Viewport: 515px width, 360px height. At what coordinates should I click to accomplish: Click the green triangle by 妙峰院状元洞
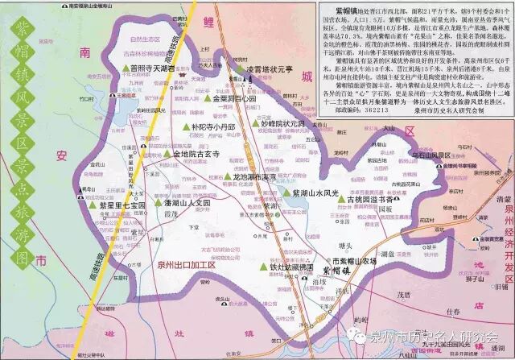(x=256, y=125)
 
